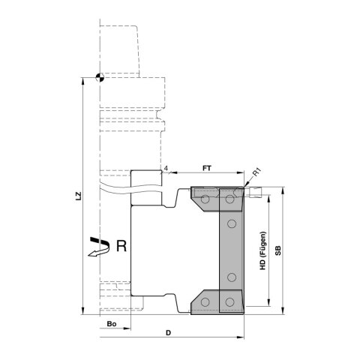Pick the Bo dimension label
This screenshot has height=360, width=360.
coord(111,323)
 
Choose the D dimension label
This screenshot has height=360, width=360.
coord(168,331)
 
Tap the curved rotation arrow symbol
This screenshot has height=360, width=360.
coord(97,247)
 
